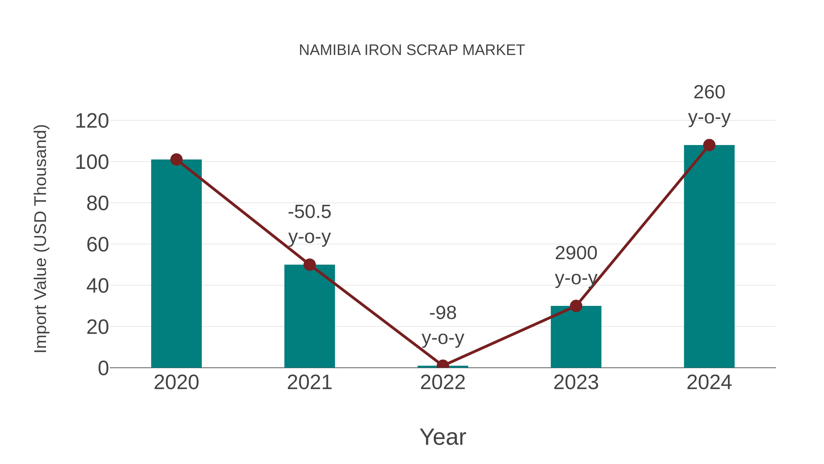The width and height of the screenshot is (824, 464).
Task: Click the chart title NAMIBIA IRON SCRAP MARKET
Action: [412, 50]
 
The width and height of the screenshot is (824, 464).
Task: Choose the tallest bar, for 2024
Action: [709, 256]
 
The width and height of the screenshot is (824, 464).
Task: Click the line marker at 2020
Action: [176, 159]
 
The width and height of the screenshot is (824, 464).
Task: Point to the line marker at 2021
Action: [309, 265]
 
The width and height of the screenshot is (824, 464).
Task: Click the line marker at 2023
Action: [576, 306]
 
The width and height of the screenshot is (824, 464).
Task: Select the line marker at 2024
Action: [709, 145]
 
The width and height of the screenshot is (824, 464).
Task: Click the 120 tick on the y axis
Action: [92, 121]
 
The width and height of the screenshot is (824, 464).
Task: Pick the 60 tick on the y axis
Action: [98, 245]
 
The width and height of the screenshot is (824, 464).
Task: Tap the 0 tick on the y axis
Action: [103, 368]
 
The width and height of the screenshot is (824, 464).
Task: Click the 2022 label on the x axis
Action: [443, 382]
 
